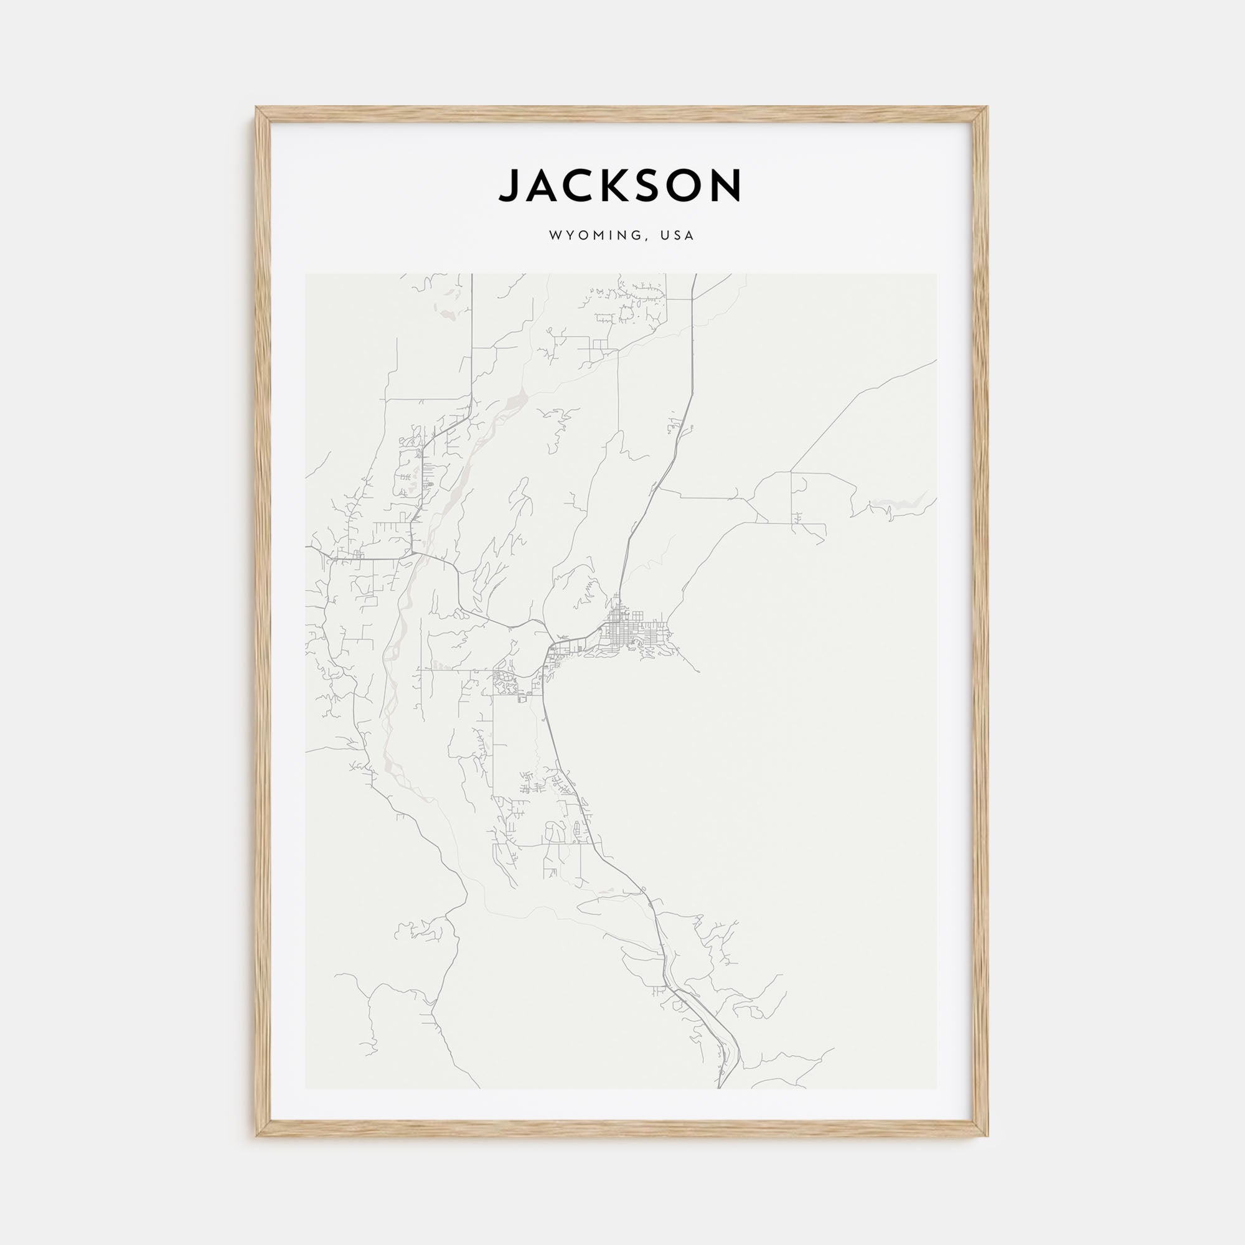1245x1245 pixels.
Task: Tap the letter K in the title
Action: pos(613,186)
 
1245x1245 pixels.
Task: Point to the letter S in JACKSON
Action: pos(647,186)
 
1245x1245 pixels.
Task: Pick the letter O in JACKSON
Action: pos(685,186)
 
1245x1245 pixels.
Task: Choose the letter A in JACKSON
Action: pos(542,186)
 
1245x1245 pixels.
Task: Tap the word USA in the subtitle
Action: pos(677,236)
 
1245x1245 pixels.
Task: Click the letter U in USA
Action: pos(664,236)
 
